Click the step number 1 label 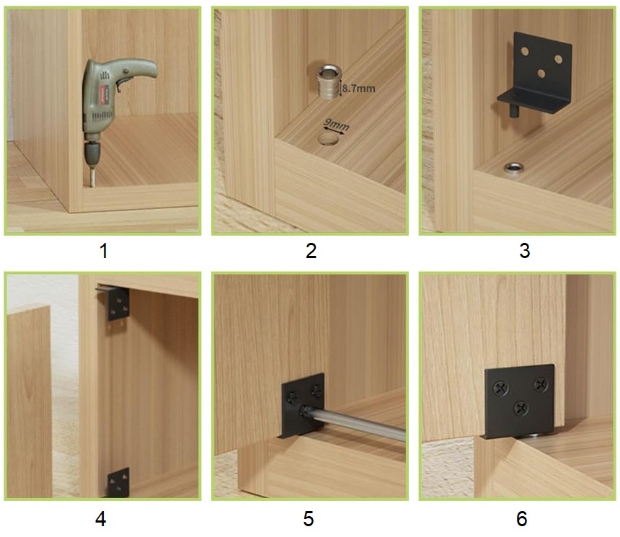tap(104, 251)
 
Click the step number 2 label tap(311, 251)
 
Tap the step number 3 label tap(524, 251)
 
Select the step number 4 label tap(101, 519)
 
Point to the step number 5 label tap(309, 519)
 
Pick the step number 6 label tap(521, 519)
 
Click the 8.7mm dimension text tap(358, 88)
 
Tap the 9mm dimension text tap(336, 125)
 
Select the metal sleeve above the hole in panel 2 tap(329, 82)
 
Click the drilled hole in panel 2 tap(329, 140)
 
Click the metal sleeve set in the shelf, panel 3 tap(513, 168)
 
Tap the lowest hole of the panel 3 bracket tap(541, 73)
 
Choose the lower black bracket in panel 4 tap(118, 482)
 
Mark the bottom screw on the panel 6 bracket tap(521, 408)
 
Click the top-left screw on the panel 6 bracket tap(501, 389)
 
